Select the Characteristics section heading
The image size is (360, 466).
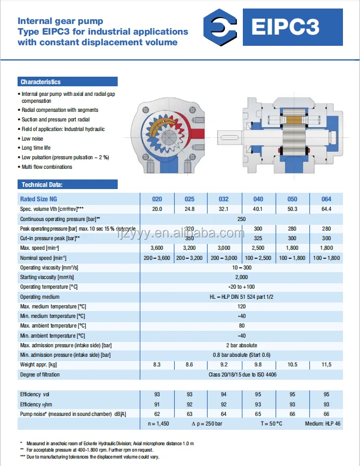[x=41, y=82]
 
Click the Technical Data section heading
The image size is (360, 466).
[x=42, y=185]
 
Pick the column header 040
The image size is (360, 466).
[x=258, y=199]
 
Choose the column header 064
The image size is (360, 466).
[x=326, y=199]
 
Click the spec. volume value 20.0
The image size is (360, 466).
[x=157, y=209]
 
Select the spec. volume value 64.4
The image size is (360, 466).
[x=326, y=209]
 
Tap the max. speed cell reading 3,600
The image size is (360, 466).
[x=157, y=248]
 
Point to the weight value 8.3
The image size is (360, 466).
[x=157, y=364]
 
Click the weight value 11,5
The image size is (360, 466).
[x=326, y=364]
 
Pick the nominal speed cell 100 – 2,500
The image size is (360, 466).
[x=258, y=258]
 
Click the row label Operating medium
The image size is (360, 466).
[x=40, y=297]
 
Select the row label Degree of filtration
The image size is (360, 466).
[x=40, y=374]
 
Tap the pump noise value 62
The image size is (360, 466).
[x=157, y=414]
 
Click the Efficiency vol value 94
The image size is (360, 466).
[x=224, y=395]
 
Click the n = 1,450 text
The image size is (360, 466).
[x=159, y=424]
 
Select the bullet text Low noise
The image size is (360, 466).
[x=34, y=138]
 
